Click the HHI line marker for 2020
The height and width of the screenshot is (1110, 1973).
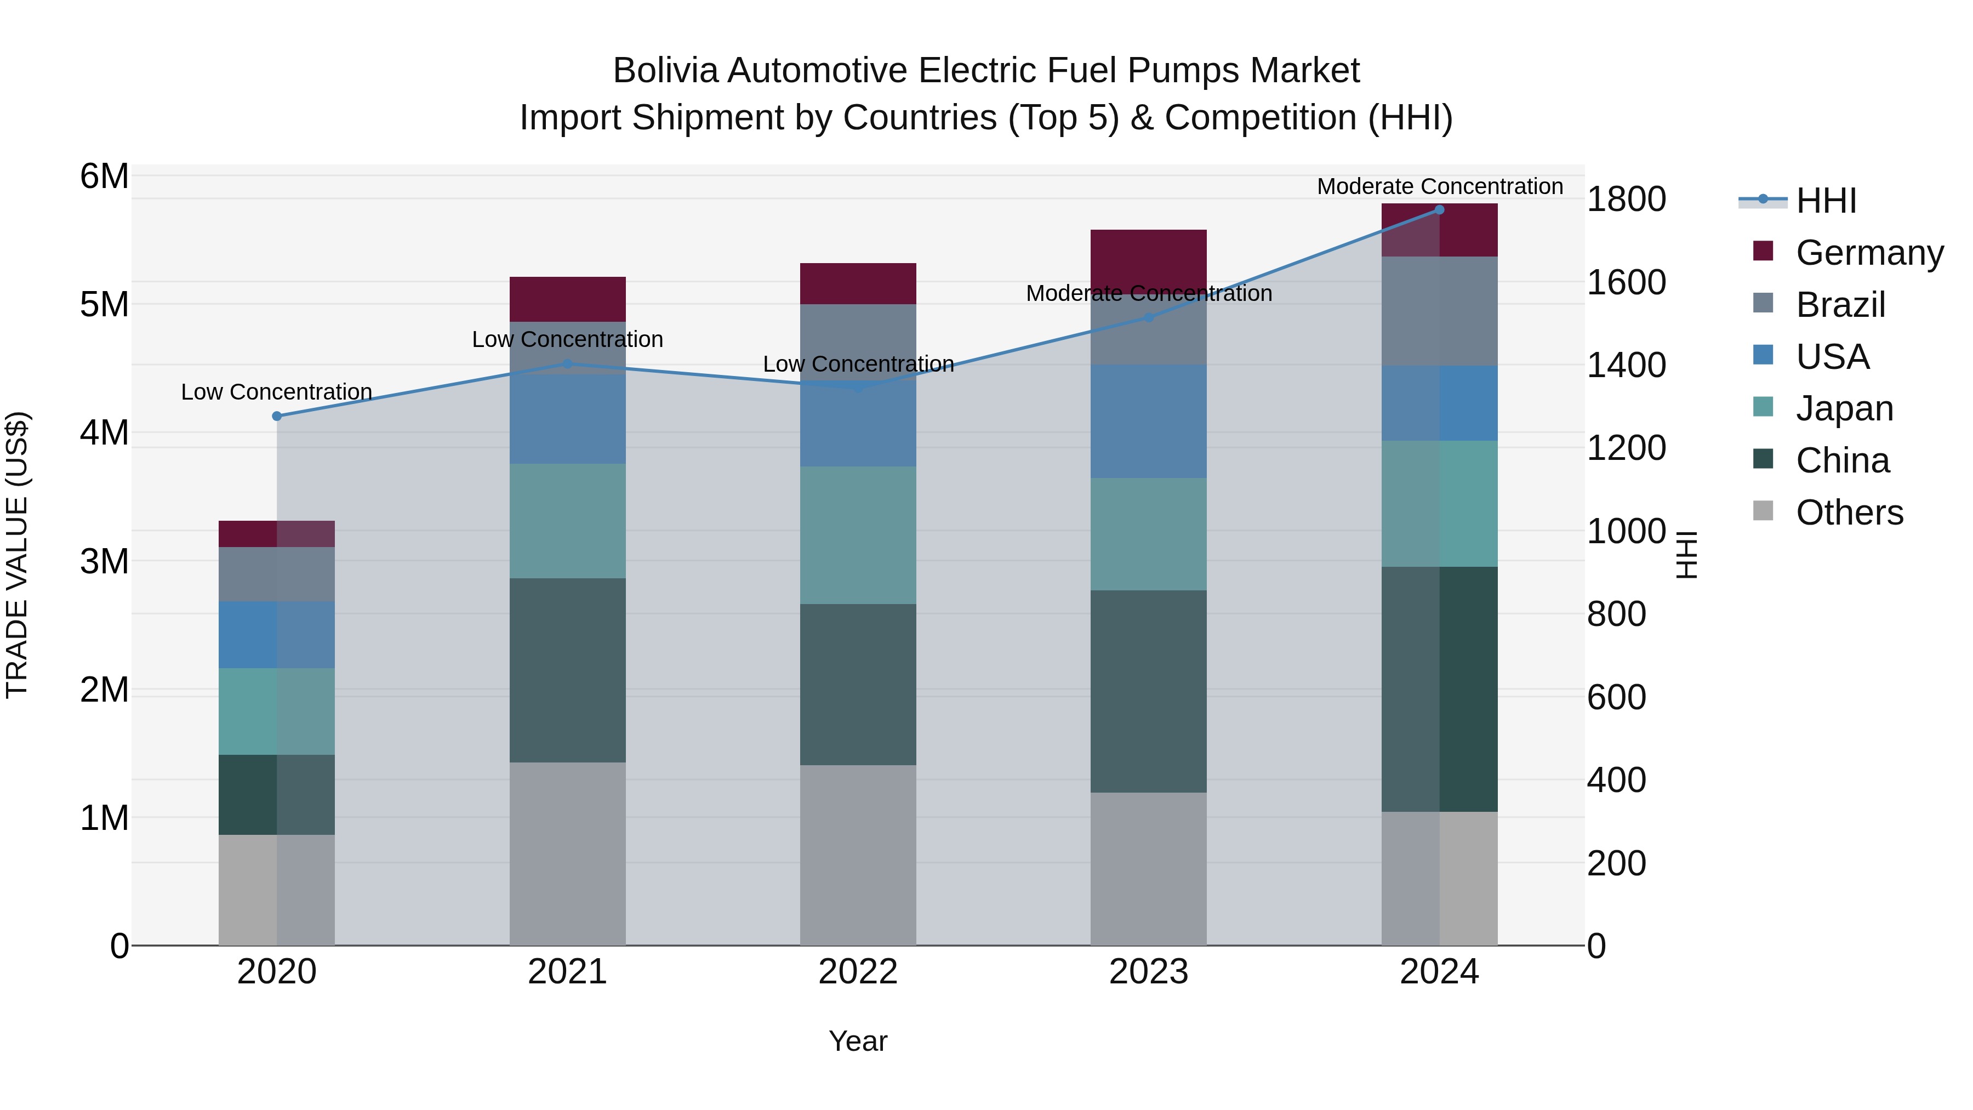[277, 416]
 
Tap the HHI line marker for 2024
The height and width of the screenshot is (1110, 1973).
[1439, 210]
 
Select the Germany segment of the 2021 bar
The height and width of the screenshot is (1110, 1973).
[568, 299]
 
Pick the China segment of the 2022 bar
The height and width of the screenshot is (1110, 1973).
[858, 684]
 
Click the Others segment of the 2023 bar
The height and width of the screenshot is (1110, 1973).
[1148, 869]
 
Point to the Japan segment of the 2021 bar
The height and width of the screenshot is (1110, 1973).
[568, 521]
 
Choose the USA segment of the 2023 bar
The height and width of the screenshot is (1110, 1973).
[1148, 422]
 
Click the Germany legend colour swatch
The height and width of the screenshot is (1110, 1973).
[1763, 251]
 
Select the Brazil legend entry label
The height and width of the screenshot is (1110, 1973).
[1840, 305]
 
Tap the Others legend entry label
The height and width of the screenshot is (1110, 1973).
[1850, 513]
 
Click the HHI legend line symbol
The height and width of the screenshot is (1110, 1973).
[1763, 200]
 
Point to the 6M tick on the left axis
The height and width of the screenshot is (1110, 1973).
[104, 176]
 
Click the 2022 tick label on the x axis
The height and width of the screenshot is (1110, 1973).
[858, 972]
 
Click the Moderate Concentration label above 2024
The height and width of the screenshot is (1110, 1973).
[1440, 186]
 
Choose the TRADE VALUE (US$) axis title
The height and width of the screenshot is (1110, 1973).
[17, 555]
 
